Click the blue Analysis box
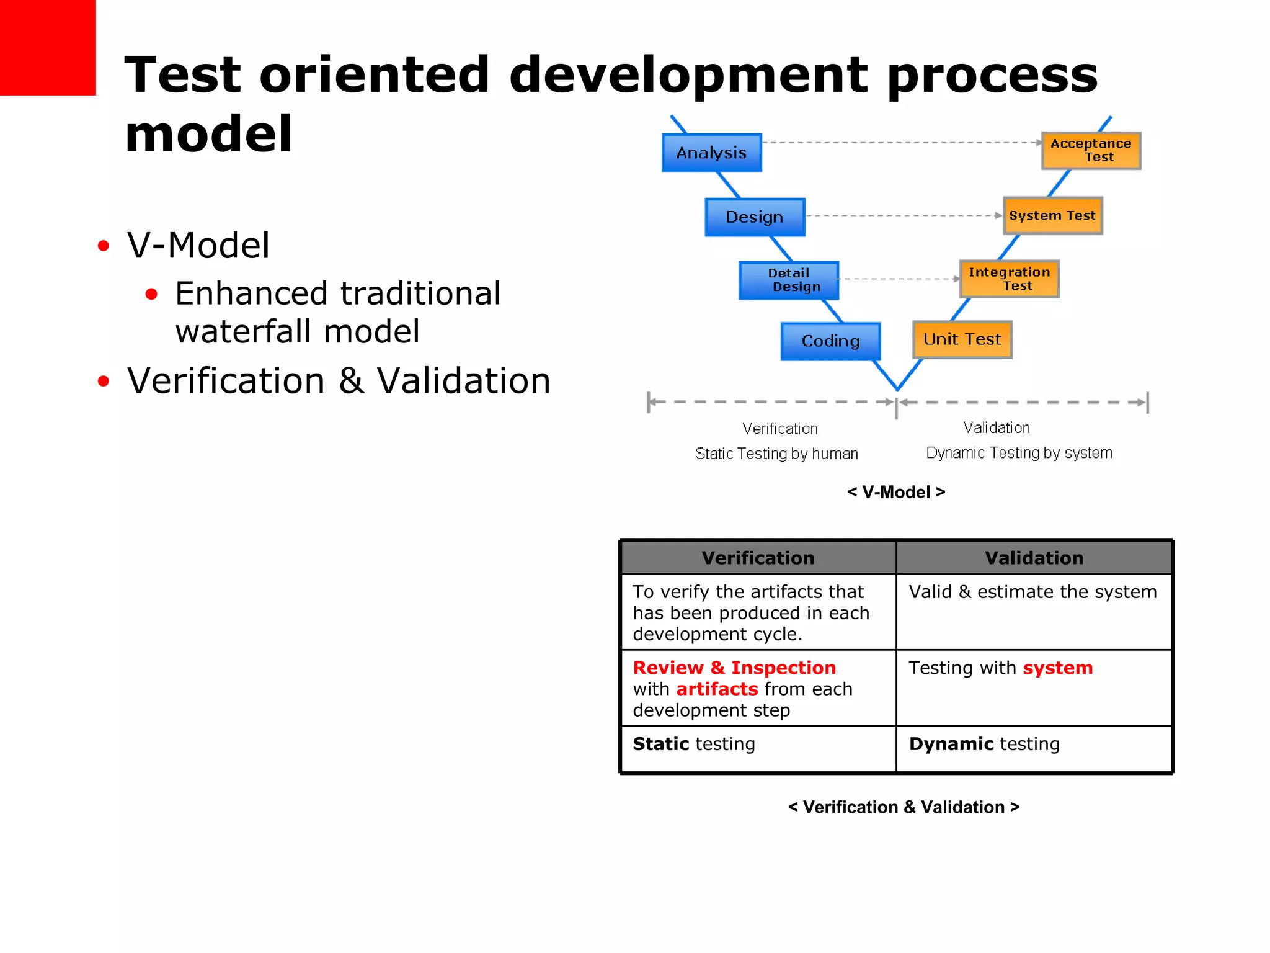coord(711,153)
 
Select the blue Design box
coord(755,217)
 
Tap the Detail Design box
coord(789,280)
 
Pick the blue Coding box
coord(830,341)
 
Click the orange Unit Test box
coord(962,339)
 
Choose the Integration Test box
coord(1009,279)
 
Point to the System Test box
coord(1052,215)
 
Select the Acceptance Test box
coord(1091,150)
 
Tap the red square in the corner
coord(48,47)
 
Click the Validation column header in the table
coord(1034,558)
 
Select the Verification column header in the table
coord(758,558)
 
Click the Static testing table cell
coord(694,744)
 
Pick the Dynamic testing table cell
coord(984,744)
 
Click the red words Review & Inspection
coord(734,668)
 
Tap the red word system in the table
coord(1057,668)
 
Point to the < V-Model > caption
coord(896,492)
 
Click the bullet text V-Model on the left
coord(198,245)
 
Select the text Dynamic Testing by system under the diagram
coord(1019,453)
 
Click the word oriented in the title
coord(375,74)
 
